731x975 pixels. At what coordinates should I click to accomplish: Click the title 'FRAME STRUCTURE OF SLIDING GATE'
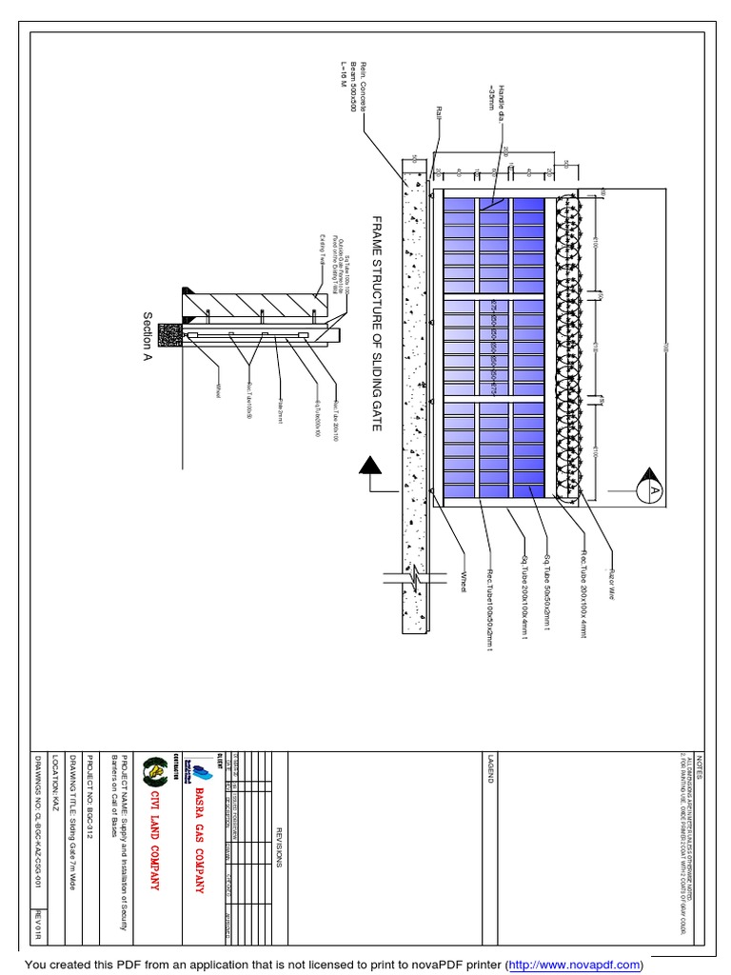click(x=376, y=323)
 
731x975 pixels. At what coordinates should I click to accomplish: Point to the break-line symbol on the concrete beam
click(x=409, y=577)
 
